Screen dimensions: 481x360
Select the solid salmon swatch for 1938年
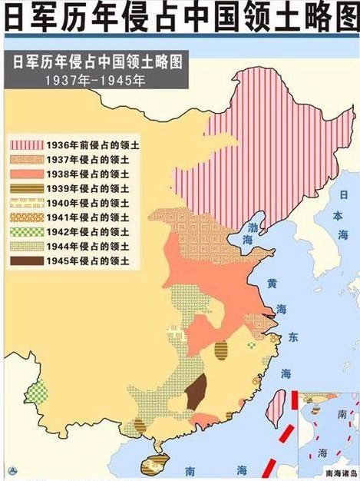(x=26, y=173)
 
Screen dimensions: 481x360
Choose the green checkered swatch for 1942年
(x=26, y=232)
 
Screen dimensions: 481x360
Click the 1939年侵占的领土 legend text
(x=92, y=187)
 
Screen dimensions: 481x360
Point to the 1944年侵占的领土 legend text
(x=92, y=247)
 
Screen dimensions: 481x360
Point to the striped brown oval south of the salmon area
(x=221, y=351)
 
